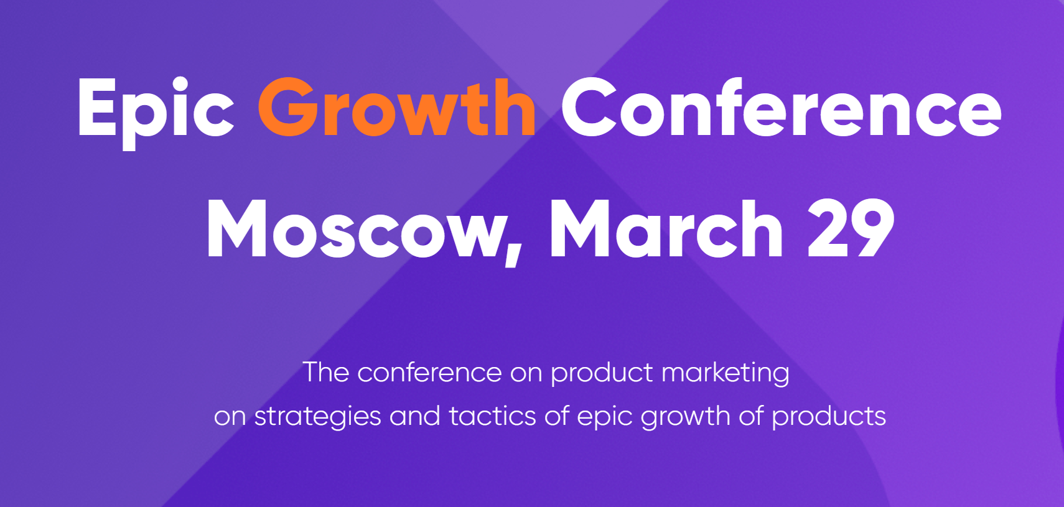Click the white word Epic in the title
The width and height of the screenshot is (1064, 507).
click(156, 114)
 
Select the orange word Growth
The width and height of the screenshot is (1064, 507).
click(397, 107)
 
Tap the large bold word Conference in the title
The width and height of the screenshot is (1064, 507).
click(782, 107)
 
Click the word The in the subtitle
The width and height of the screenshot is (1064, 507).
click(326, 372)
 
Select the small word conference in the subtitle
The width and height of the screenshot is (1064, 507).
click(429, 372)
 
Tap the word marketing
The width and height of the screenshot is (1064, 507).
click(726, 373)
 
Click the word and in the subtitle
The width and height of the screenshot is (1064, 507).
click(415, 416)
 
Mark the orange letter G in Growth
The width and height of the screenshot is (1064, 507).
click(288, 107)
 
